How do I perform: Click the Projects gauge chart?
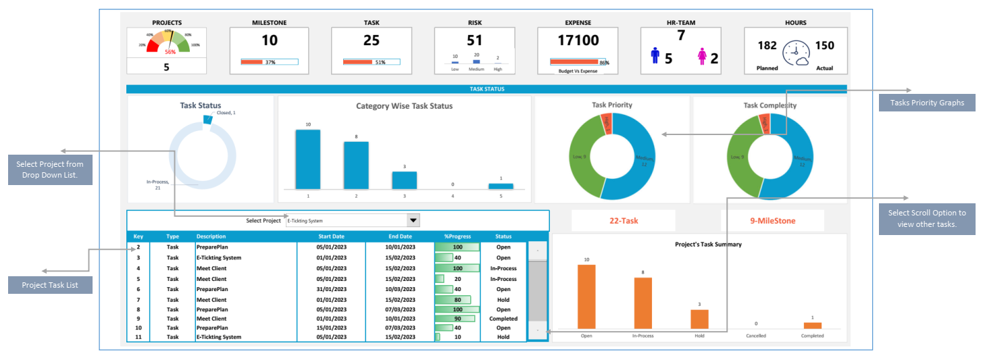[x=166, y=43]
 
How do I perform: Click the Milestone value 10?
[x=270, y=41]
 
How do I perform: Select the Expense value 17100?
[x=578, y=41]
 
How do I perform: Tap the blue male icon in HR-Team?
[x=655, y=56]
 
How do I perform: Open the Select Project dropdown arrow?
[x=413, y=220]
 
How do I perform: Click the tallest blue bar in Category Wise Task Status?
[x=307, y=159]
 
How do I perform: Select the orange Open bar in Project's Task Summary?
[x=586, y=296]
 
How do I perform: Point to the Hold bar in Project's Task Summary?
[x=699, y=319]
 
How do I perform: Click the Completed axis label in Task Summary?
[x=812, y=336]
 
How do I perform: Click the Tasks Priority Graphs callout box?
[x=926, y=103]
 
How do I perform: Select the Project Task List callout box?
[x=49, y=285]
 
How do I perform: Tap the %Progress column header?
[x=457, y=236]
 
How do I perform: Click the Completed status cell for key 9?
[x=503, y=319]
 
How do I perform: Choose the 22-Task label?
[x=623, y=221]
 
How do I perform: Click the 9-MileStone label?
[x=772, y=221]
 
